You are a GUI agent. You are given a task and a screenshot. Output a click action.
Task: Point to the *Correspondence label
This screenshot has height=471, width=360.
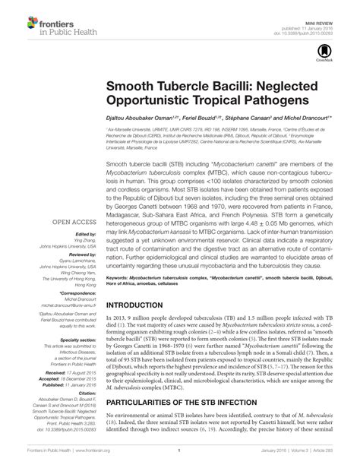(x=79, y=292)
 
